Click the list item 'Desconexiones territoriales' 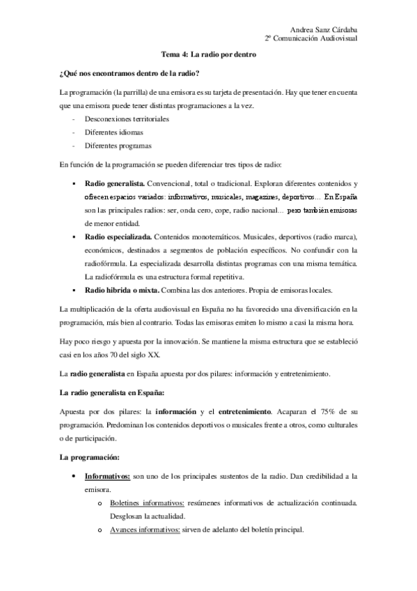pos(127,119)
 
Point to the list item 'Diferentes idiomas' pos(113,132)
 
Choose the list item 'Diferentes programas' pos(118,146)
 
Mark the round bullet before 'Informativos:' pos(74,477)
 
